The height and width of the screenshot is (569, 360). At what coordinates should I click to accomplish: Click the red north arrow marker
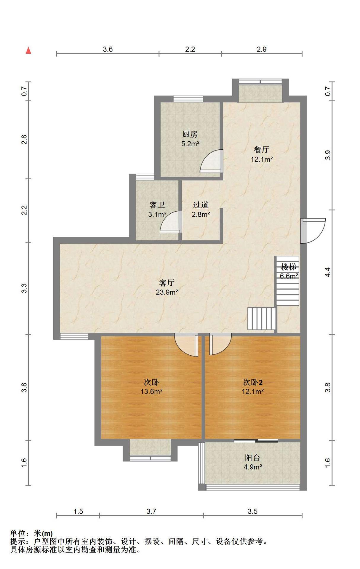click(28, 50)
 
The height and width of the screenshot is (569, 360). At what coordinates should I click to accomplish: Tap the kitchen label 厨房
click(190, 134)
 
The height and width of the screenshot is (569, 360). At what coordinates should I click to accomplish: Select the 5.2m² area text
click(190, 144)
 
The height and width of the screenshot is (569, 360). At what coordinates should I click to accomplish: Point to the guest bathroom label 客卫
click(157, 205)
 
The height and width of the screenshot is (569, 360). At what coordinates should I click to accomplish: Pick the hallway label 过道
click(201, 205)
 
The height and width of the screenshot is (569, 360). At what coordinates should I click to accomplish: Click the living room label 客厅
click(167, 283)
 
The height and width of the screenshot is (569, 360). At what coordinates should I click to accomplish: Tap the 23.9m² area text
click(167, 293)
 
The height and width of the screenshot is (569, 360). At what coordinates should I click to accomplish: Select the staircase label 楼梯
click(289, 267)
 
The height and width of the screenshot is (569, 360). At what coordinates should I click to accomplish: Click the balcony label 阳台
click(252, 458)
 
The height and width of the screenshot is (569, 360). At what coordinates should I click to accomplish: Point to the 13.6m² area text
click(151, 391)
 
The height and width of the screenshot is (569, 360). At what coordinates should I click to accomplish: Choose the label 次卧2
click(253, 382)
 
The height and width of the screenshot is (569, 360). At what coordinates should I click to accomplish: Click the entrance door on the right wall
click(313, 231)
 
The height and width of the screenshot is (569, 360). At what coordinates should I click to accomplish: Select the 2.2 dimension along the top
click(190, 49)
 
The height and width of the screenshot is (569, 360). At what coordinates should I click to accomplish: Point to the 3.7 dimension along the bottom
click(151, 511)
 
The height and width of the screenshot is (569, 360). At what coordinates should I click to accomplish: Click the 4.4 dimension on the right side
click(327, 272)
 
